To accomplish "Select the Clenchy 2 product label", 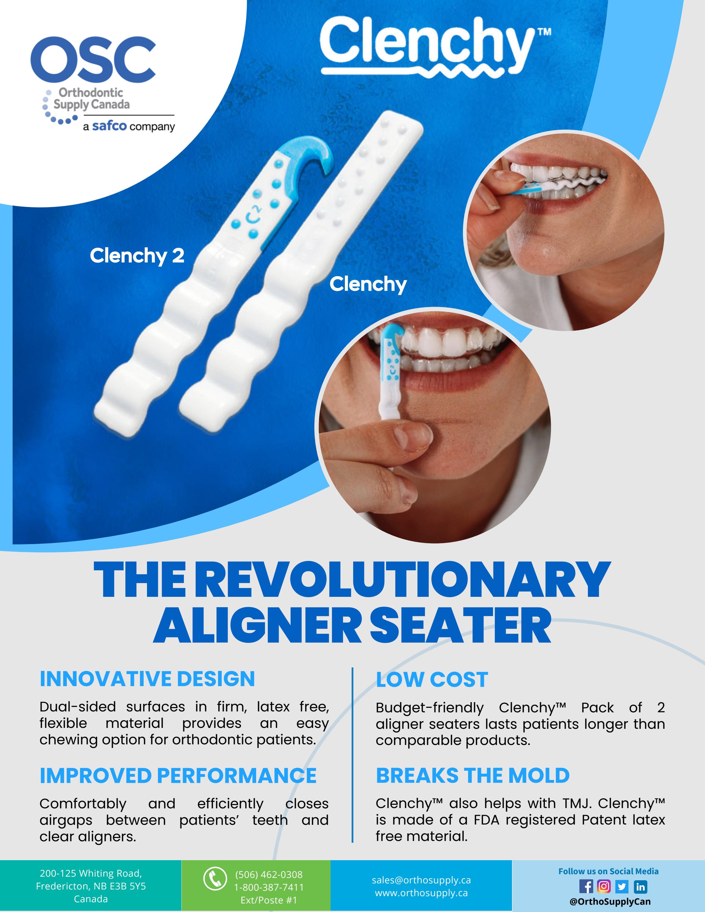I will (137, 255).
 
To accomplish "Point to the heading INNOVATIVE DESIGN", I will (147, 679).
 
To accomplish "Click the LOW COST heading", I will (432, 680).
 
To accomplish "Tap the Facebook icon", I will (586, 886).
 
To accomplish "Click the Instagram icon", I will (604, 886).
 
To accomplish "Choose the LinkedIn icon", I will (640, 886).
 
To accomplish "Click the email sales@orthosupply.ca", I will (421, 880).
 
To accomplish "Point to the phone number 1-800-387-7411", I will (269, 887).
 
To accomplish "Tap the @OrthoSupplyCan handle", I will (610, 902).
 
